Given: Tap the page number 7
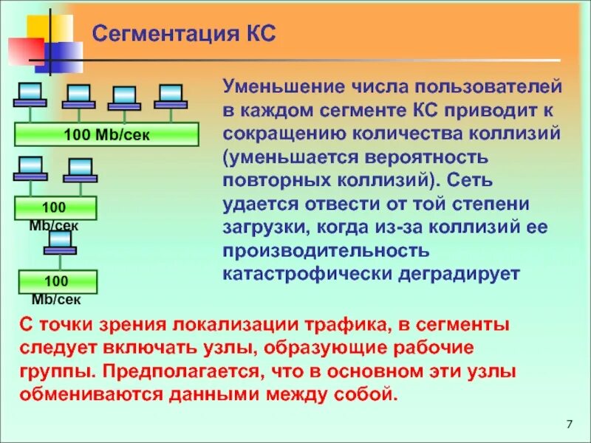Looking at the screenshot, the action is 569,424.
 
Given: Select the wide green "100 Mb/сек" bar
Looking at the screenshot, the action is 107,134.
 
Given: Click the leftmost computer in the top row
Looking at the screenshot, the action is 30,95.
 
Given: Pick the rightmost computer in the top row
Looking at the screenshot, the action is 169,96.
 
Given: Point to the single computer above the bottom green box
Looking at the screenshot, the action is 59,243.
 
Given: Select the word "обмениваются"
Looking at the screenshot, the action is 97,393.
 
